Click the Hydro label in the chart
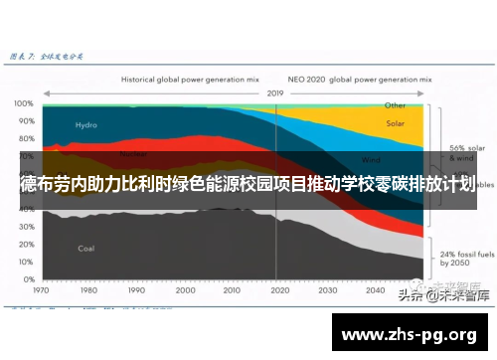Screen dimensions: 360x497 (x=85, y=125)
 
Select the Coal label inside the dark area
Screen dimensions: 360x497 (x=86, y=248)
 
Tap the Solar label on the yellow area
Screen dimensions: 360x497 (x=395, y=124)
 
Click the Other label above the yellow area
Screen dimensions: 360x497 (x=395, y=104)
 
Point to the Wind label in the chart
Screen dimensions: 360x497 (x=371, y=159)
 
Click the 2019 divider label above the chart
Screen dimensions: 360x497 (x=276, y=91)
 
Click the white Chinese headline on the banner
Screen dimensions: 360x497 (x=248, y=185)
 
